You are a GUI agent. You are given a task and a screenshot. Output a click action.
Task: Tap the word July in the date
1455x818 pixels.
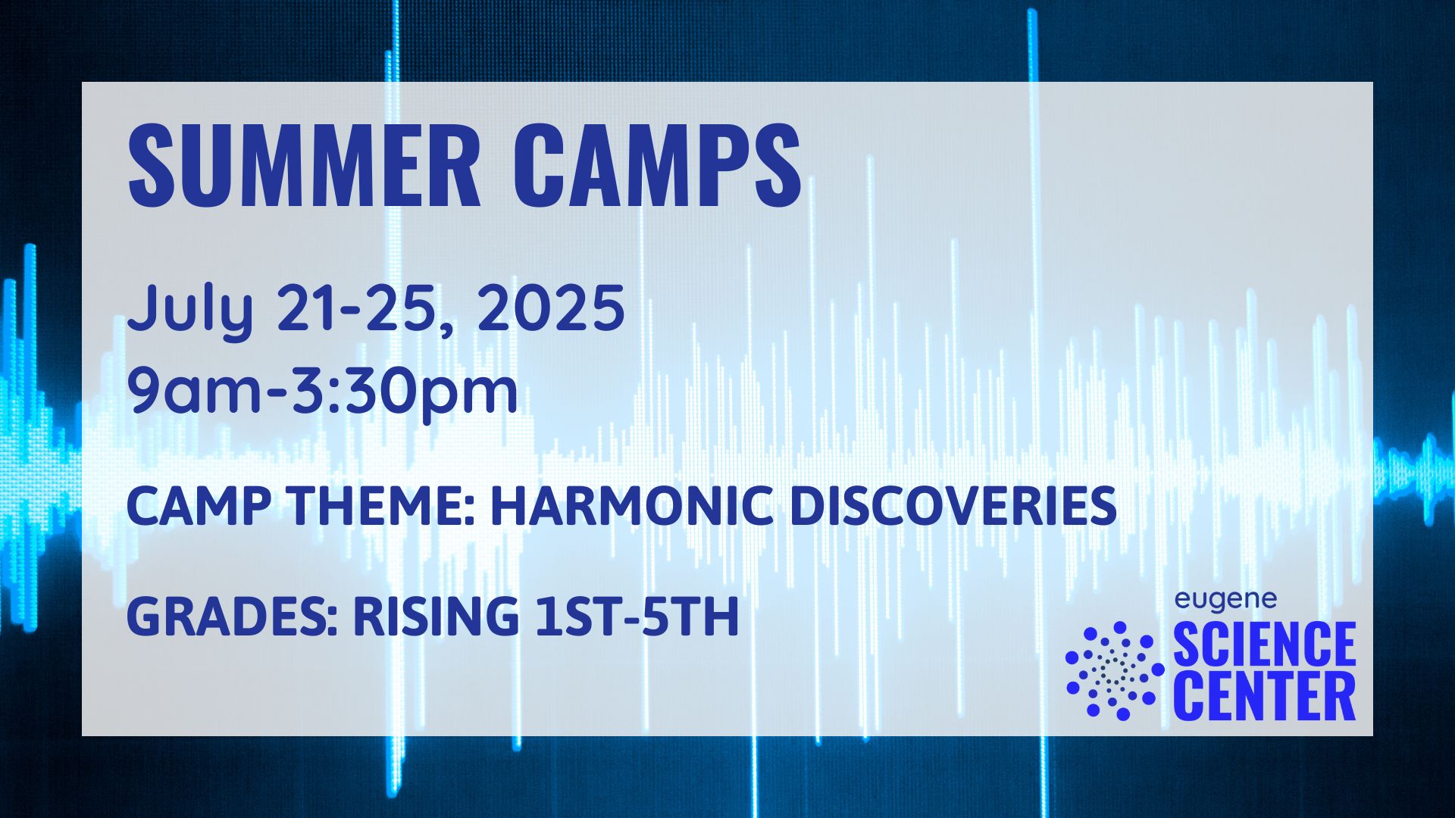pyautogui.click(x=189, y=309)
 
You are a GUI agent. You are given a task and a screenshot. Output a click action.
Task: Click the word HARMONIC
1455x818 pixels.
pyautogui.click(x=632, y=506)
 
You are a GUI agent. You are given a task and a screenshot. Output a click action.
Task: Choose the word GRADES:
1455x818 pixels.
pyautogui.click(x=232, y=617)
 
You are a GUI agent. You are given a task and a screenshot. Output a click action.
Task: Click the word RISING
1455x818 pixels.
pyautogui.click(x=436, y=617)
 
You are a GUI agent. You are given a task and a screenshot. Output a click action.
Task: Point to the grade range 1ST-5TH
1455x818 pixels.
pyautogui.click(x=637, y=617)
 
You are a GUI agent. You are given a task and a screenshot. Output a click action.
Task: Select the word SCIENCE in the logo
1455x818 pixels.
pyautogui.click(x=1265, y=644)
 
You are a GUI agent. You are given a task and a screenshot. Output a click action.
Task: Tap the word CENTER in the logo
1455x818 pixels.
pyautogui.click(x=1265, y=697)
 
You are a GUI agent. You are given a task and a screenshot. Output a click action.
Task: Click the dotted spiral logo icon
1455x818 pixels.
pyautogui.click(x=1115, y=670)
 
